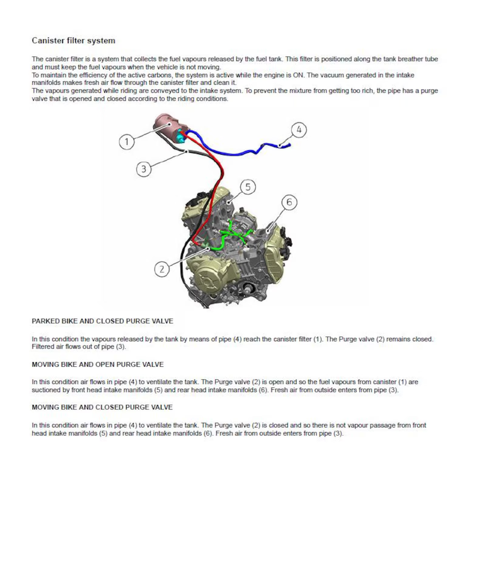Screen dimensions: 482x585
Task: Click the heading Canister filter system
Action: [x=74, y=40]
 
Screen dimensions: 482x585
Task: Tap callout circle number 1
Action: [x=127, y=142]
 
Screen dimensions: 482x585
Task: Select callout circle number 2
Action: [x=162, y=269]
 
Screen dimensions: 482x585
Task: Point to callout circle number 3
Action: [x=144, y=169]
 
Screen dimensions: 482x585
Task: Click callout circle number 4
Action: [x=299, y=130]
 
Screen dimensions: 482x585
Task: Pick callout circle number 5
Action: [x=248, y=187]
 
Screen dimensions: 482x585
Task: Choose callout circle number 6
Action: [x=289, y=202]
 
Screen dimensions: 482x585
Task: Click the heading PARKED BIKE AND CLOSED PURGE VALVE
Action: [x=102, y=321]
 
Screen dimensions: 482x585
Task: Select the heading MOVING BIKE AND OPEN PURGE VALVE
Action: [x=97, y=365]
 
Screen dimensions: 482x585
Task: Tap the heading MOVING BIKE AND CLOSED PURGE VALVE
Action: [x=102, y=408]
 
